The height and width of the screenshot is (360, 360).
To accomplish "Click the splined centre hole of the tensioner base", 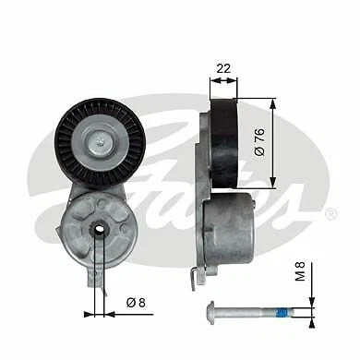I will click(x=97, y=229).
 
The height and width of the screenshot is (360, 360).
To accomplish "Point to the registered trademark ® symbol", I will click(x=330, y=214).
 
